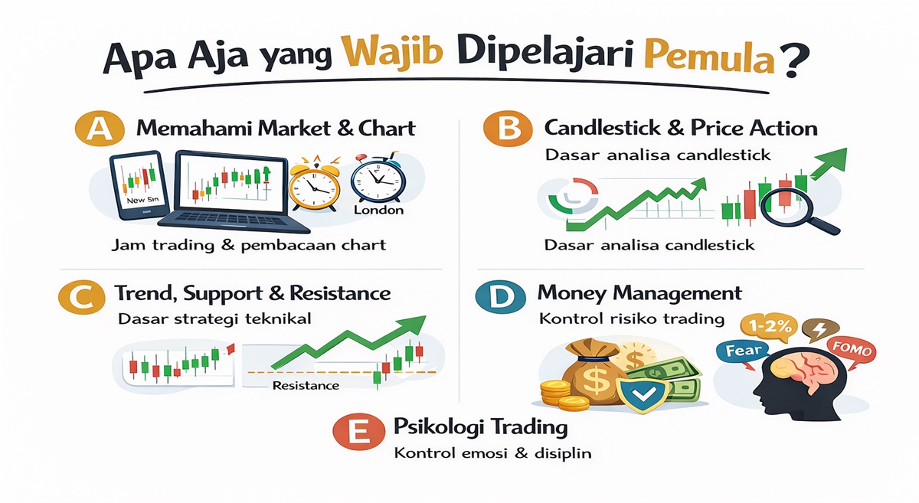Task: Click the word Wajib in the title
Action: click(x=393, y=52)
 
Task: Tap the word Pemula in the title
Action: click(x=709, y=57)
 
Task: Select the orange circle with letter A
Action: click(x=100, y=129)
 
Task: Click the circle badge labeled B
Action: click(x=508, y=128)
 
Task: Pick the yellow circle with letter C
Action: click(x=82, y=296)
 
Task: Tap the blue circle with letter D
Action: click(x=501, y=296)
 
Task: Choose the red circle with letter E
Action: click(x=359, y=431)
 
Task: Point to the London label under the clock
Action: click(x=378, y=210)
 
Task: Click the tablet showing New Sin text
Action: click(x=139, y=185)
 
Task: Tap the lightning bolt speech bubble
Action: click(x=820, y=330)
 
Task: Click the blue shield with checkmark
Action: click(x=643, y=396)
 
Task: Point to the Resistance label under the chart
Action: click(x=306, y=386)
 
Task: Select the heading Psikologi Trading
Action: click(x=480, y=427)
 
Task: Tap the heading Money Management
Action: click(x=639, y=293)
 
